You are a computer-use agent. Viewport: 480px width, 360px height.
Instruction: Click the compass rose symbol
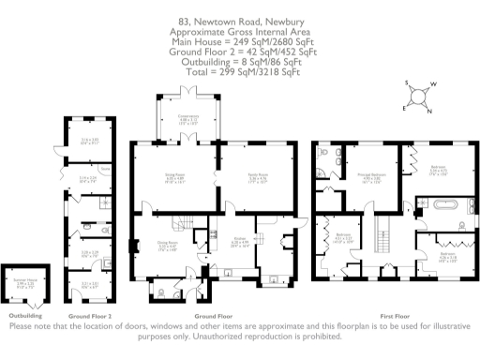pos(419,96)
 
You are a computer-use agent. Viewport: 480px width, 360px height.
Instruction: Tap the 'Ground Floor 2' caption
pos(91,316)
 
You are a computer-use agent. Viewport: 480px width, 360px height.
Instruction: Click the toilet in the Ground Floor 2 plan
pos(85,226)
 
